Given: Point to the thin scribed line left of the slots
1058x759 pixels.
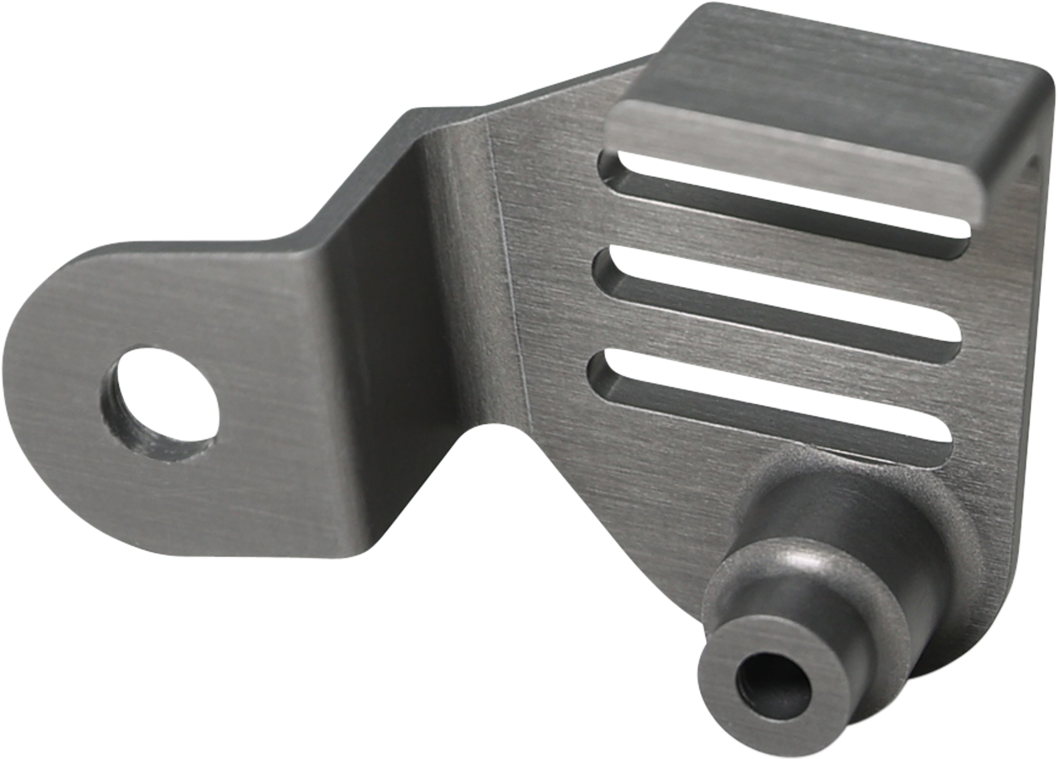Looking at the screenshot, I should point(508,280).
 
